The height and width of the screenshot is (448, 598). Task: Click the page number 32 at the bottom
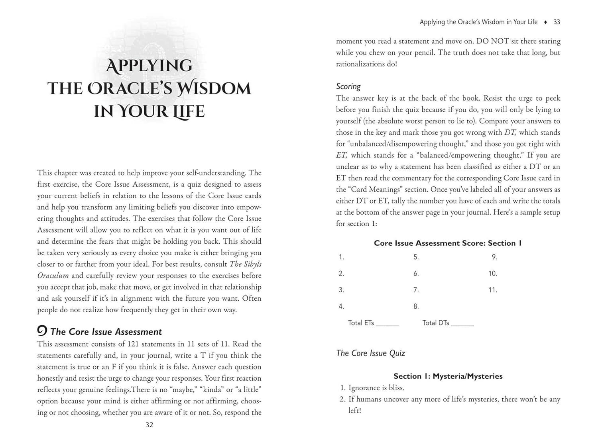[x=149, y=425]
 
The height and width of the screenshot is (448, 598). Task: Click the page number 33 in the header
[x=557, y=22]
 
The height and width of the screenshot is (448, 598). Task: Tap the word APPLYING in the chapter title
[x=149, y=66]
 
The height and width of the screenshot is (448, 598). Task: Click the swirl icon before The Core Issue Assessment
[x=42, y=331]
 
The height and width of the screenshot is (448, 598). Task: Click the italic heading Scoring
[x=348, y=86]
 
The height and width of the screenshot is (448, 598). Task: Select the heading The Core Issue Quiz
[x=370, y=353]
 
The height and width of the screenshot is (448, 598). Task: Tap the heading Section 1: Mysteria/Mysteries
[x=448, y=376]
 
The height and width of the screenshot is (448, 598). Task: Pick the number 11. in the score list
[x=493, y=290]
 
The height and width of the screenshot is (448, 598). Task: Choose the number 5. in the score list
[x=416, y=257]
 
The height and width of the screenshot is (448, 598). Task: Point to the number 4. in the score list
[x=341, y=306]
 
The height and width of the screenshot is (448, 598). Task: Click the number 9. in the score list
[x=494, y=257]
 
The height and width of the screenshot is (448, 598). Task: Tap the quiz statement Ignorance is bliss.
[x=376, y=388]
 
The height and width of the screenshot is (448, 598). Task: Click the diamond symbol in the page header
[x=545, y=22]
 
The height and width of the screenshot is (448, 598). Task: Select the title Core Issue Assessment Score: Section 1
[x=447, y=243]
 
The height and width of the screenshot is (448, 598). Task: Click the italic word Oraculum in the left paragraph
[x=53, y=276]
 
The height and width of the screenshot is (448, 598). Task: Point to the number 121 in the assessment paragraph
[x=134, y=344]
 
